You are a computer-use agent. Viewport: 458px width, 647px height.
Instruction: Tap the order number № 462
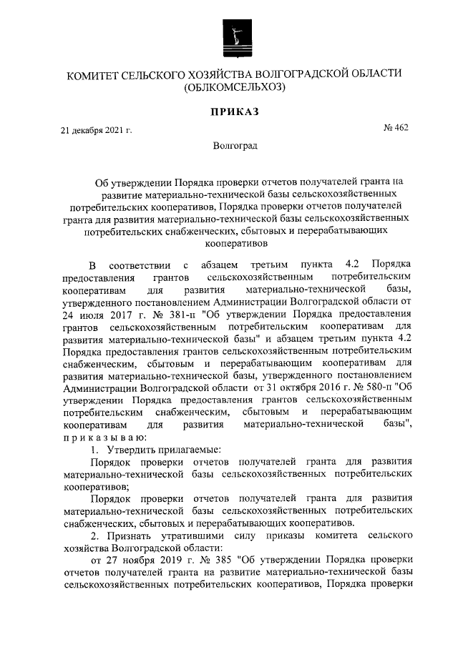click(x=396, y=128)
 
